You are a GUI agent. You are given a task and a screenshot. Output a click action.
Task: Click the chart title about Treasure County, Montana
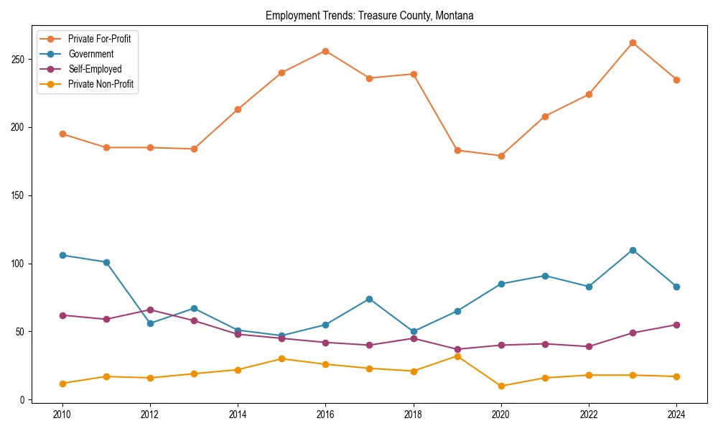pyautogui.click(x=369, y=16)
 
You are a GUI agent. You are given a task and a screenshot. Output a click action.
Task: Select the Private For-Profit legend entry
pyautogui.click(x=99, y=39)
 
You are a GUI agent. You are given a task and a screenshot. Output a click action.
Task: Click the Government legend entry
pyautogui.click(x=90, y=54)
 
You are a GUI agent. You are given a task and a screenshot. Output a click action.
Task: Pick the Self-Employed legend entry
pyautogui.click(x=95, y=69)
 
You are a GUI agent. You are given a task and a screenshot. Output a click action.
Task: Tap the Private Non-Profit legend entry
pyautogui.click(x=101, y=84)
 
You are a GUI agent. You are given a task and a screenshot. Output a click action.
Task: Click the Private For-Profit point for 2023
pyautogui.click(x=633, y=43)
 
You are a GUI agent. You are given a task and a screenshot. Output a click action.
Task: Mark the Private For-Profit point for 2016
pyautogui.click(x=325, y=51)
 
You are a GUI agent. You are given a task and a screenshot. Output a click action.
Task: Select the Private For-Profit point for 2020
pyautogui.click(x=501, y=156)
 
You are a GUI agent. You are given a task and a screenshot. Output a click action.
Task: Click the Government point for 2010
pyautogui.click(x=62, y=255)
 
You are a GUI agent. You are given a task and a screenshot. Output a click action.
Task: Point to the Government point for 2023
pyautogui.click(x=633, y=250)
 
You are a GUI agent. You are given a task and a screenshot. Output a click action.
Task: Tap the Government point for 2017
pyautogui.click(x=369, y=299)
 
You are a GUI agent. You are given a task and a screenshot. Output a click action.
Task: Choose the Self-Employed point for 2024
pyautogui.click(x=676, y=325)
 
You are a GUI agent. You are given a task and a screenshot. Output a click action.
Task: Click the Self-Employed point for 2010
pyautogui.click(x=62, y=315)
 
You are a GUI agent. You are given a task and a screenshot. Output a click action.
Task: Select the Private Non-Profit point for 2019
pyautogui.click(x=457, y=356)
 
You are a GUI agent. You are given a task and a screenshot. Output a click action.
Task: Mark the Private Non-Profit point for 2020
pyautogui.click(x=501, y=386)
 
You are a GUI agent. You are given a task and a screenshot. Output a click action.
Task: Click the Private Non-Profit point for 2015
pyautogui.click(x=281, y=358)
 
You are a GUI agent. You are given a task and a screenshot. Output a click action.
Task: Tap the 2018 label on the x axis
pyautogui.click(x=413, y=415)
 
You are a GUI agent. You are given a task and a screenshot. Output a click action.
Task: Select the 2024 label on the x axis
pyautogui.click(x=676, y=415)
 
